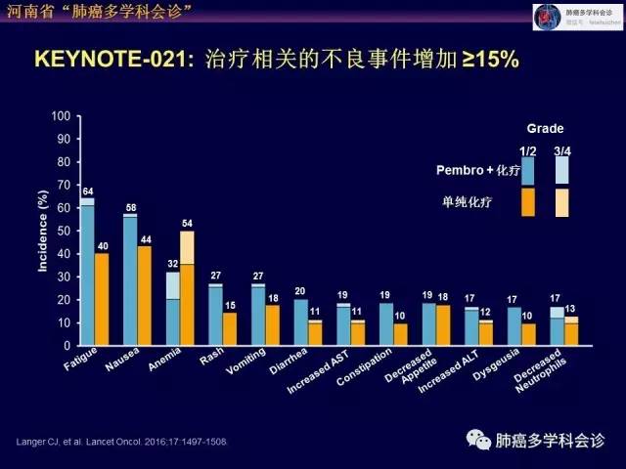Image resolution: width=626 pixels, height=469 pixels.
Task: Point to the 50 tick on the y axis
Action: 63,231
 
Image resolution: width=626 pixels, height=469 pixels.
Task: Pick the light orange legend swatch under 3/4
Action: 561,202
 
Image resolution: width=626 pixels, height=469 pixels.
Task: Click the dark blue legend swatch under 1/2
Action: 527,171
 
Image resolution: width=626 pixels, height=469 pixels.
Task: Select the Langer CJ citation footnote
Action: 121,442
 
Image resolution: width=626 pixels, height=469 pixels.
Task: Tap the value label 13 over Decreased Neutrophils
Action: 571,309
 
